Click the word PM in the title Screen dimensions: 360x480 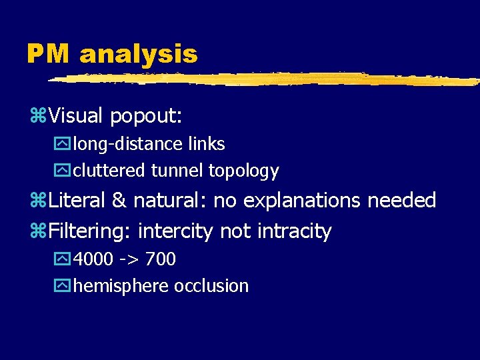coord(49,54)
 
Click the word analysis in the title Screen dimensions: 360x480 coord(139,54)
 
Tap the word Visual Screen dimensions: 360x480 coord(75,116)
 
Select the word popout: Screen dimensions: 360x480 coord(146,117)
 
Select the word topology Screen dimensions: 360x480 coord(243,171)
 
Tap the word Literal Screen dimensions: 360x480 coord(77,200)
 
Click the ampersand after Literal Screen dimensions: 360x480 coord(120,200)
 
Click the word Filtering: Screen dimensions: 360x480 coord(90,231)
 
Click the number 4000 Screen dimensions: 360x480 coord(95,259)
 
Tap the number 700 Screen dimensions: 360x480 coord(161,259)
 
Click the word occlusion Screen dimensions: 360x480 coord(211,286)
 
